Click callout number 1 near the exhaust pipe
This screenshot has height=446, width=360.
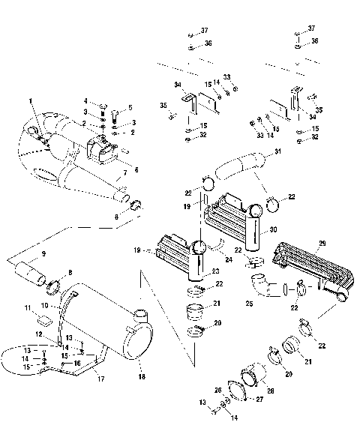31,100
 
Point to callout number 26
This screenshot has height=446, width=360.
218,390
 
